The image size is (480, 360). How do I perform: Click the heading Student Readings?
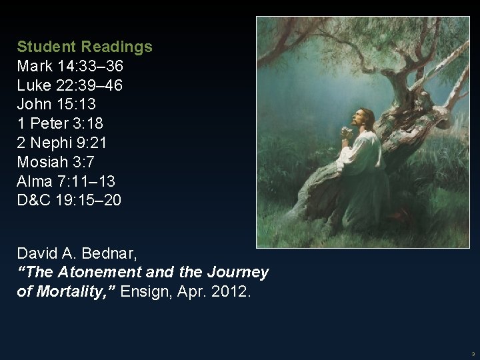point(85,47)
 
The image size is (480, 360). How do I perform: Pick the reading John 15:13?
point(58,105)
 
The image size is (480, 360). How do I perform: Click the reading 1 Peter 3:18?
point(60,123)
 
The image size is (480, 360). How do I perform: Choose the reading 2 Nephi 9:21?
point(64,143)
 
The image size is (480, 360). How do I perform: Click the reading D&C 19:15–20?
point(69,199)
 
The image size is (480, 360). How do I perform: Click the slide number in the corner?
point(472,353)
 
